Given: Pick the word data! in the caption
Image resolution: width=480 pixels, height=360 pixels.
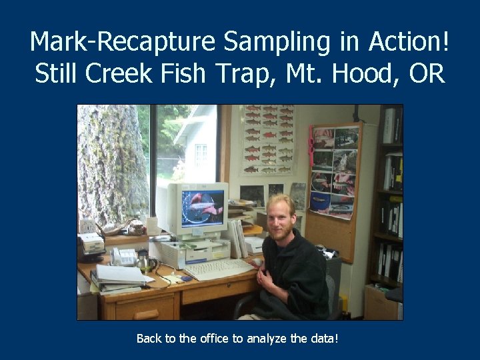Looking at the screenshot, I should coord(323,339).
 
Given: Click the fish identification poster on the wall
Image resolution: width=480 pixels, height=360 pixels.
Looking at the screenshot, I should coord(267,140).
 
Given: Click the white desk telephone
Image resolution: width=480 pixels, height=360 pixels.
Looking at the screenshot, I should coord(125,256).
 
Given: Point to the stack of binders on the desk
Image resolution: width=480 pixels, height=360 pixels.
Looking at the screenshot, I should coord(117,279).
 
